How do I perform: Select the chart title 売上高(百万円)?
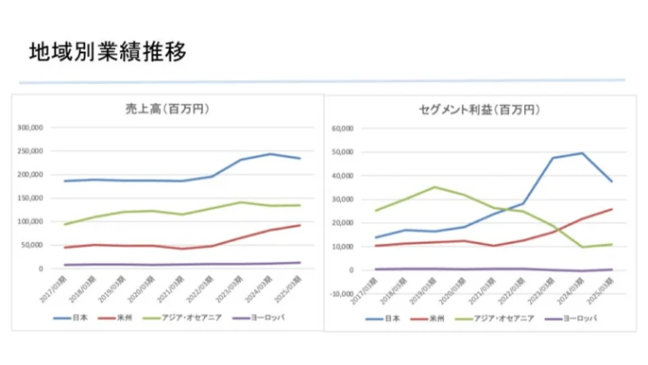click(x=167, y=108)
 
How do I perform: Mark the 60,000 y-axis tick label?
click(x=341, y=128)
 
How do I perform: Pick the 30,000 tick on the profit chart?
click(x=341, y=198)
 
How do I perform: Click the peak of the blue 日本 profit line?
click(x=582, y=152)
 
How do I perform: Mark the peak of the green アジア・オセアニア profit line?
click(x=435, y=187)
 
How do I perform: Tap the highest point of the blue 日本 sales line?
click(x=270, y=153)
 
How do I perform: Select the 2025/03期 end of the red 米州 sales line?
click(x=300, y=225)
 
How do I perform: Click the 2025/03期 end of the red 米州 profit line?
click(x=612, y=209)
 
